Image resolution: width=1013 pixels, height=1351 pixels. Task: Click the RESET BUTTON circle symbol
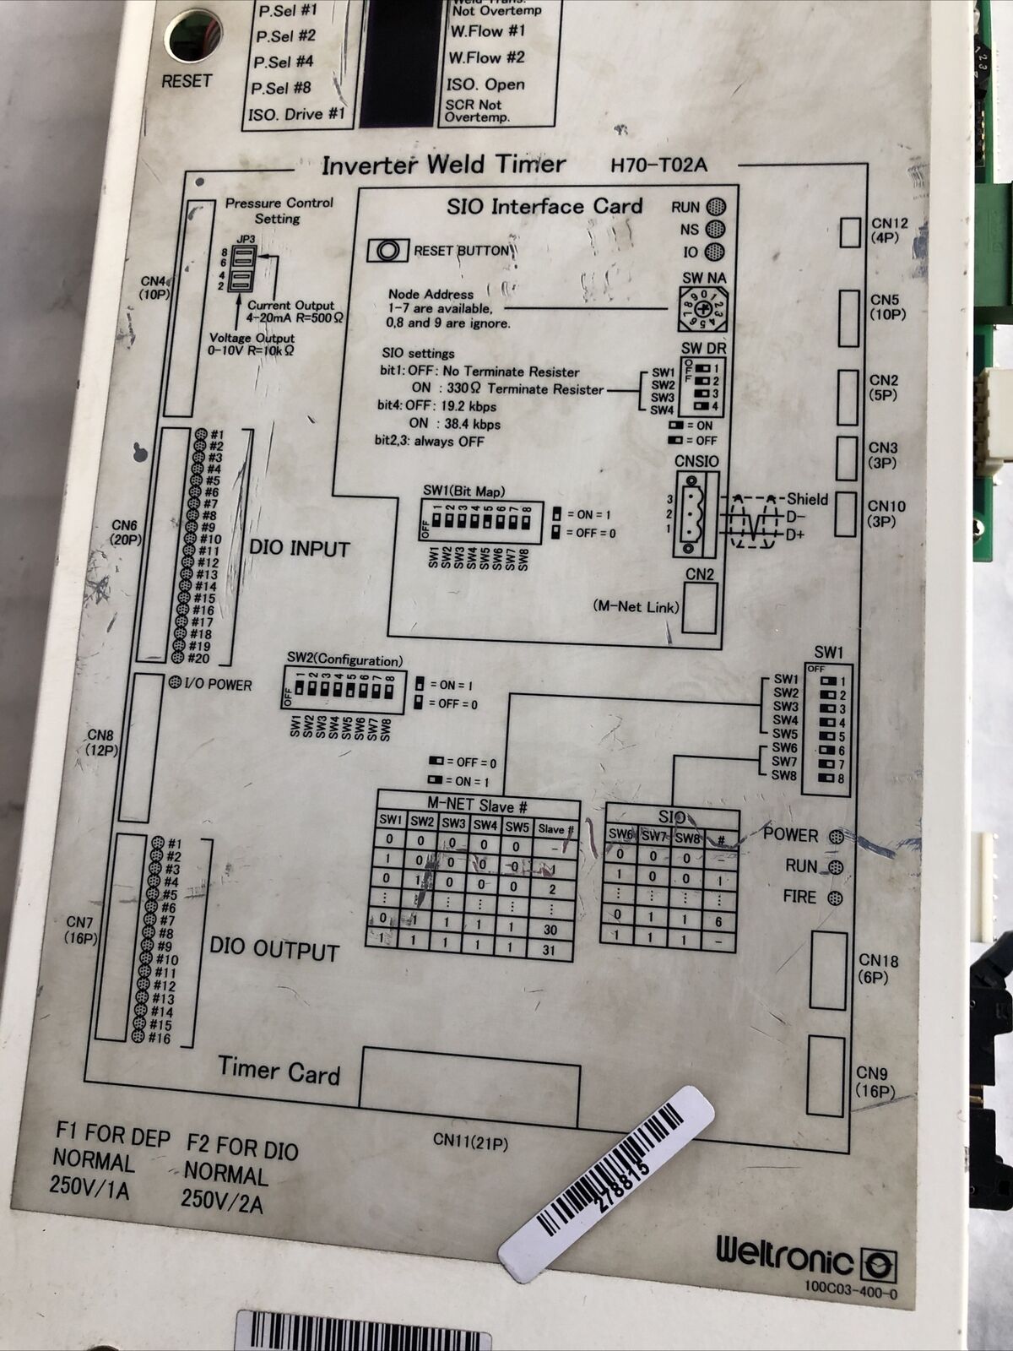coord(388,251)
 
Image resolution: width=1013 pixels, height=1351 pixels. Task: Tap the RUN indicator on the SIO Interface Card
coord(716,207)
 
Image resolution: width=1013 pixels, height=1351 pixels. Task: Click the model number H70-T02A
coord(658,165)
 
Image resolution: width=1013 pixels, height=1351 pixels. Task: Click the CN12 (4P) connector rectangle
coord(849,232)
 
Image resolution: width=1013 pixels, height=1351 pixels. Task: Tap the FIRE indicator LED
coord(836,898)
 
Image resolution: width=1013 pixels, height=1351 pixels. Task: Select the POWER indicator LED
coord(836,837)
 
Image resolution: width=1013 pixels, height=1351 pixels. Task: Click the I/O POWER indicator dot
coord(175,682)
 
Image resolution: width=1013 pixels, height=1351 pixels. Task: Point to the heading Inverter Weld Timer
coord(443,165)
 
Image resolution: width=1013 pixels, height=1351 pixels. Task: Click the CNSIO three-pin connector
coord(694,513)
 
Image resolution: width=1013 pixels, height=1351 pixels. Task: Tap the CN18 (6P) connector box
coord(827,970)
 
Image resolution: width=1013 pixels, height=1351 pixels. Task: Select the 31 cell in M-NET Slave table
coord(550,950)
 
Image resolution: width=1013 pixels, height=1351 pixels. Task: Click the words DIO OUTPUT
coord(274,950)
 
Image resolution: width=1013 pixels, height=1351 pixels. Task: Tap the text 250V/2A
coord(222,1200)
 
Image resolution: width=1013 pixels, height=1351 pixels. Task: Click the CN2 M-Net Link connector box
coord(699,608)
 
